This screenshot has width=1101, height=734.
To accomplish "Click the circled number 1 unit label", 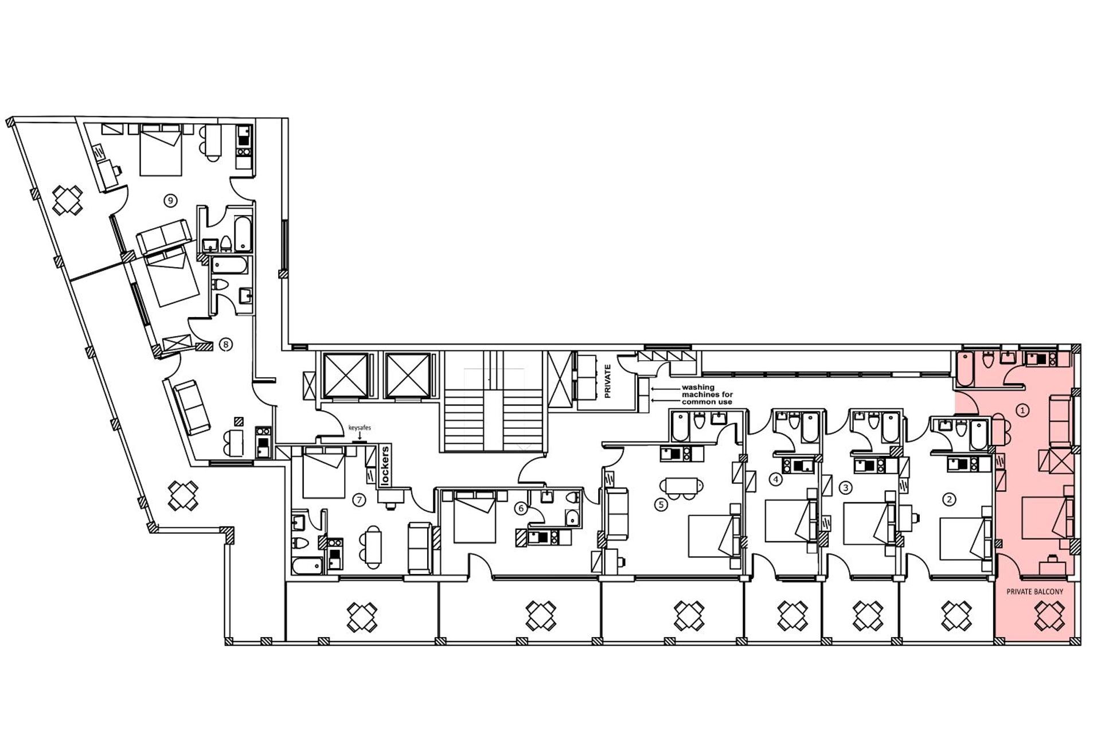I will [x=1022, y=410].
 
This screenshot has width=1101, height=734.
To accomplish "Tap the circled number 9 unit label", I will [x=170, y=200].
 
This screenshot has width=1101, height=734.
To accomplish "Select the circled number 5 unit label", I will [x=661, y=505].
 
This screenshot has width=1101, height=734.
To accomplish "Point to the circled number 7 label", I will [x=359, y=500].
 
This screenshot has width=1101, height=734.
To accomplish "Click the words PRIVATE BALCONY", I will [x=1034, y=592].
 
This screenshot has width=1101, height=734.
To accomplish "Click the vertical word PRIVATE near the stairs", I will [x=608, y=381].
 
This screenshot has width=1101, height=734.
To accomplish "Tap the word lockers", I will [x=385, y=466].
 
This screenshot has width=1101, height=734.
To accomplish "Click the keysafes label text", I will [x=360, y=428].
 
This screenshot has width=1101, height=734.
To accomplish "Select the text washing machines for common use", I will [x=706, y=395].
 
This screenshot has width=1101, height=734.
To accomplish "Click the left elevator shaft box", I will [x=345, y=376].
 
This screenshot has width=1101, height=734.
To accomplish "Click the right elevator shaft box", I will [x=407, y=376].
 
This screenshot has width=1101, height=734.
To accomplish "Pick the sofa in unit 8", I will [x=192, y=408].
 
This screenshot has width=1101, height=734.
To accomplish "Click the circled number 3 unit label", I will [x=845, y=488].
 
